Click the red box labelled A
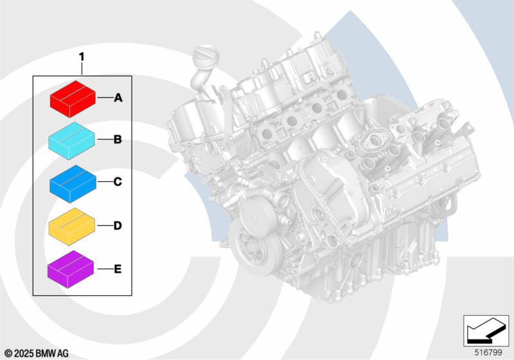coord(73,99)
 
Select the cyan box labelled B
coord(72,141)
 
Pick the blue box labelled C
coord(73,184)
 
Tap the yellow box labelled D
coord(72,227)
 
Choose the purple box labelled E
coord(71,269)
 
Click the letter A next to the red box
coord(118,98)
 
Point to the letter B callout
coord(118,139)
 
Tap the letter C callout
coord(118,182)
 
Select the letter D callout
coord(118,226)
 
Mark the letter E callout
coord(118,269)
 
